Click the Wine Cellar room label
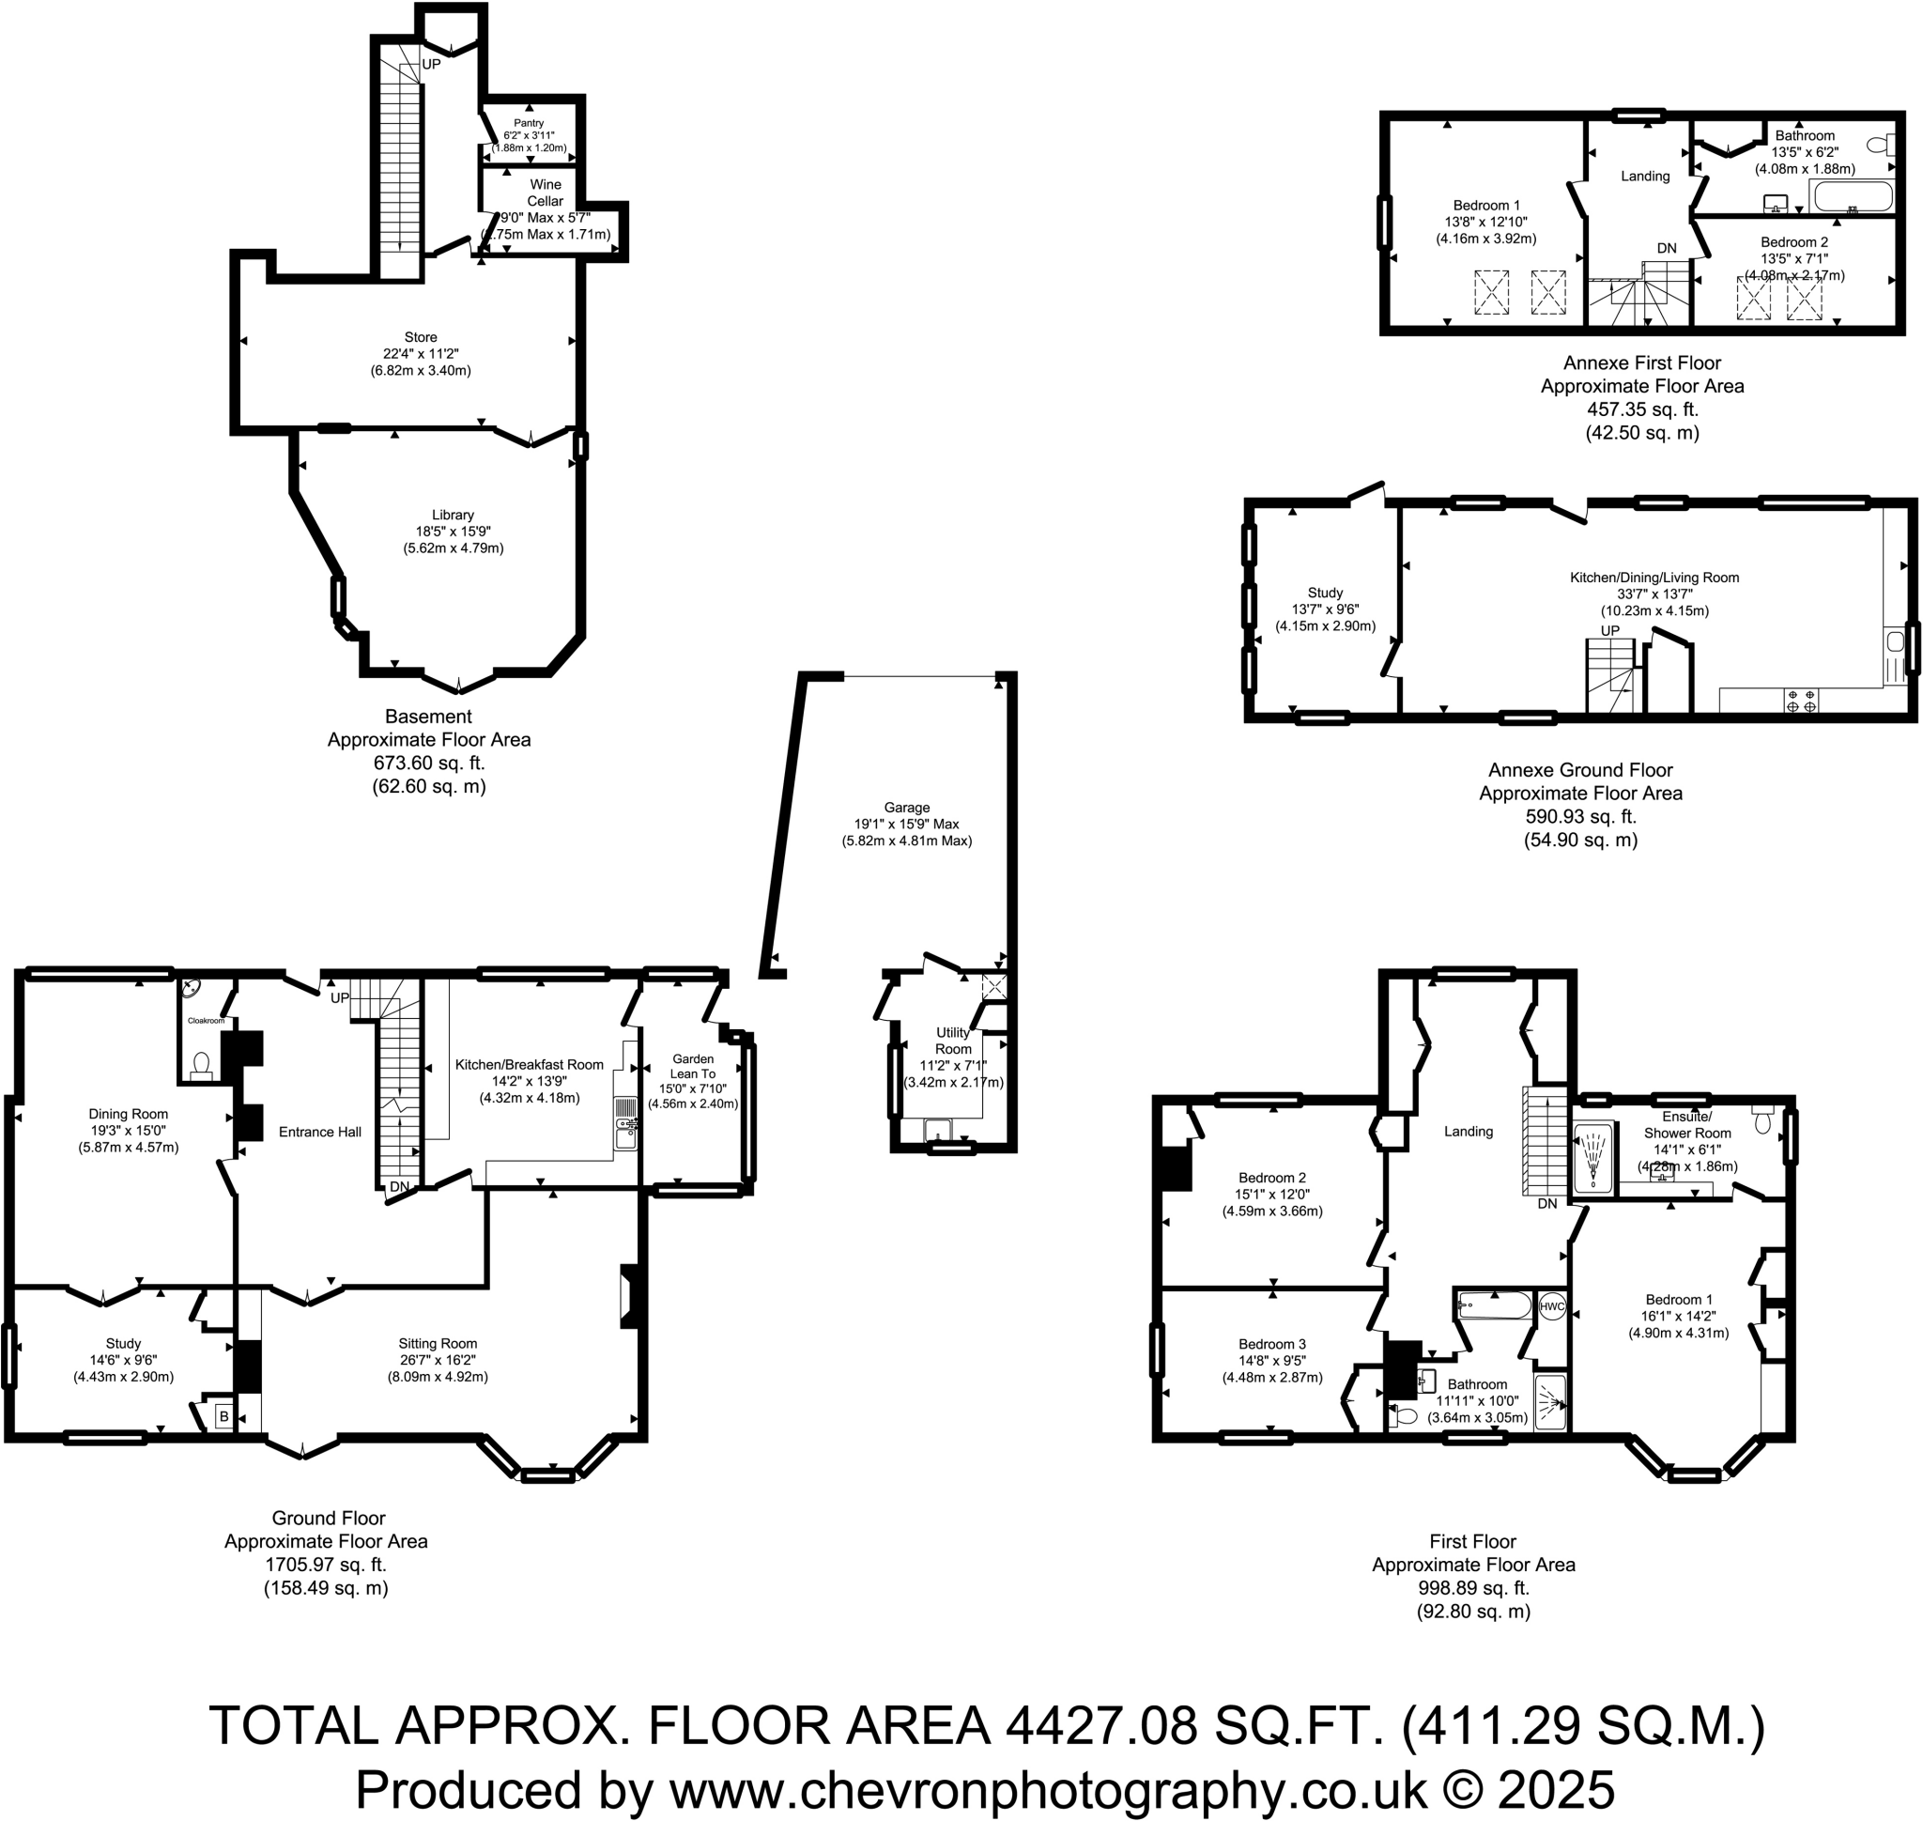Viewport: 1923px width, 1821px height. (545, 193)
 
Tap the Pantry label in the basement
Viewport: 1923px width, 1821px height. (529, 123)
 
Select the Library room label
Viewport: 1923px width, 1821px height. (453, 515)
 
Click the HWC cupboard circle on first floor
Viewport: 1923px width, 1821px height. (1551, 1306)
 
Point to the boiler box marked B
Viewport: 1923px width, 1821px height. (223, 1417)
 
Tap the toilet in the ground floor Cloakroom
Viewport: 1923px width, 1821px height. (202, 1066)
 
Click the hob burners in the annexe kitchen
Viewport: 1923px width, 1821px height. (1801, 701)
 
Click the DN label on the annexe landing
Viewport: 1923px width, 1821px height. (1667, 249)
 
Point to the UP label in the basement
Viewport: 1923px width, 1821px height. (431, 64)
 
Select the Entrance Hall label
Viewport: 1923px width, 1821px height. (319, 1132)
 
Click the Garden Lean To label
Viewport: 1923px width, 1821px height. (693, 1067)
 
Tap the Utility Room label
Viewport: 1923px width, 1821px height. (952, 1041)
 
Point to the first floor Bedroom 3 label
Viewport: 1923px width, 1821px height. (1271, 1345)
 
